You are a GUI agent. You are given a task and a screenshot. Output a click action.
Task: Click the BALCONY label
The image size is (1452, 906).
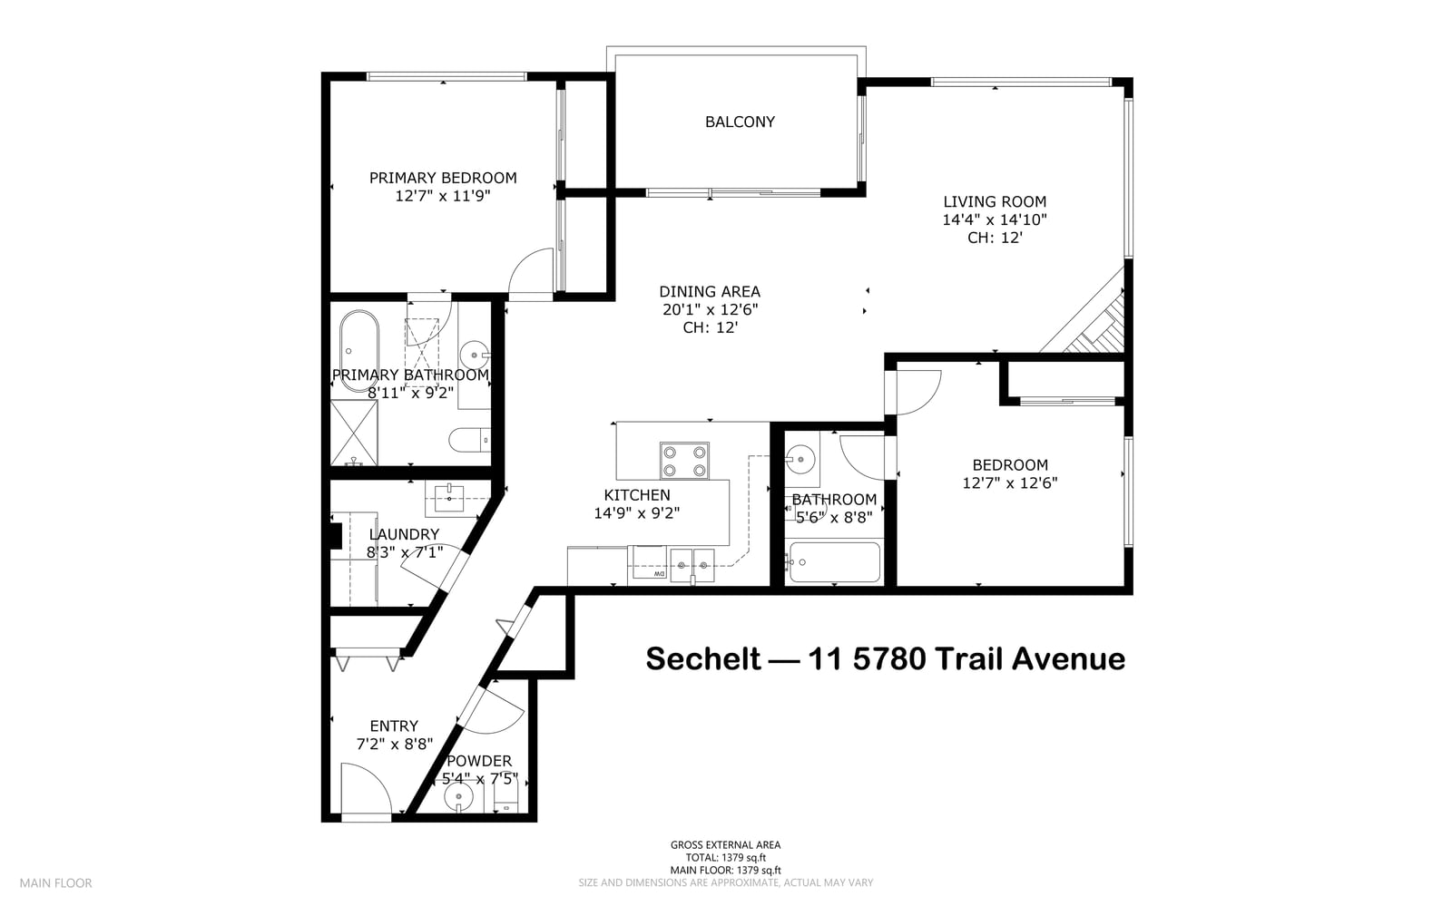tap(740, 122)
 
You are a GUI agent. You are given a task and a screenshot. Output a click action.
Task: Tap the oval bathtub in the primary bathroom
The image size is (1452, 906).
tap(359, 352)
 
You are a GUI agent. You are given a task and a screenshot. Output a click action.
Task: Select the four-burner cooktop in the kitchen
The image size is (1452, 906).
tap(684, 461)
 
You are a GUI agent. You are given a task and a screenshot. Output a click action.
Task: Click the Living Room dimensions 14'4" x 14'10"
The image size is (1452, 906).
tap(995, 220)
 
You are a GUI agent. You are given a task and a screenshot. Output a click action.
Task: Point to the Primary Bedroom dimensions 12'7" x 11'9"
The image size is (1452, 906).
tap(443, 196)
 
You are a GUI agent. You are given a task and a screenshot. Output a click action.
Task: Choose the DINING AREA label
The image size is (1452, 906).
tap(710, 292)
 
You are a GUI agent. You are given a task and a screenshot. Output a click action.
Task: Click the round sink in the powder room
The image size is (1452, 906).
tap(459, 797)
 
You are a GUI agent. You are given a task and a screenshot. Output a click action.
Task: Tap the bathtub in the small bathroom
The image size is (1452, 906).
tap(835, 562)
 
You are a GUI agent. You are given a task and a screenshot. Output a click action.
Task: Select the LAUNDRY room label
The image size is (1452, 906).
tap(404, 534)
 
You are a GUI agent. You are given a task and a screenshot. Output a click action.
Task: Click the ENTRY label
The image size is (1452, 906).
tap(394, 726)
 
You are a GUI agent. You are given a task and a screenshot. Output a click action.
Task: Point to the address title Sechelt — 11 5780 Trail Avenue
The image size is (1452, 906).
tap(886, 659)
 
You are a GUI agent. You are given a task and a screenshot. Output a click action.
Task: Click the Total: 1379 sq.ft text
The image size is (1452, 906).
tap(726, 857)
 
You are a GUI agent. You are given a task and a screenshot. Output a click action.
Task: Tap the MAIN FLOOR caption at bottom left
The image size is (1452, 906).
tap(55, 882)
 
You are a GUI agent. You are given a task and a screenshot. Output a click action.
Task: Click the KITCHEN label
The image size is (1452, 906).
tap(636, 495)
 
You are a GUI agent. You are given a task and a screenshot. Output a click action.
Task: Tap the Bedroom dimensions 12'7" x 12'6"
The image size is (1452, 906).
tap(1010, 483)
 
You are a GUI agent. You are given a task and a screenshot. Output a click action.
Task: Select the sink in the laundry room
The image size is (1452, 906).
tap(450, 498)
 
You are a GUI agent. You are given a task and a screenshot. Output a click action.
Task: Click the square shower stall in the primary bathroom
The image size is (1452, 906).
tap(354, 432)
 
